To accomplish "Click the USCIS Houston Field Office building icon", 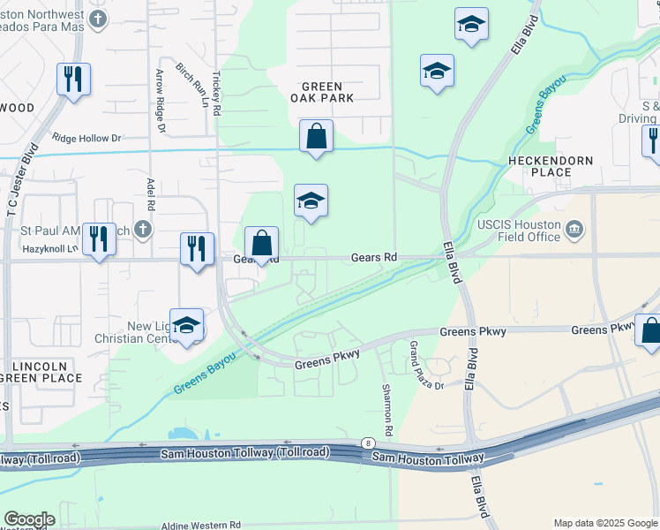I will click(x=575, y=231).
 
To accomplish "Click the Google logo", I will click(x=29, y=519).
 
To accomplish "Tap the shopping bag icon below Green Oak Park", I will click(x=316, y=137).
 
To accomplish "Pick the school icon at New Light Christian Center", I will click(x=186, y=326).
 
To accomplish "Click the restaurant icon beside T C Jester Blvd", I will click(x=71, y=79).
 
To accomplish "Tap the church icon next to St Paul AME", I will click(x=143, y=231).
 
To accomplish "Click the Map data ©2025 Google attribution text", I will click(x=604, y=523).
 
